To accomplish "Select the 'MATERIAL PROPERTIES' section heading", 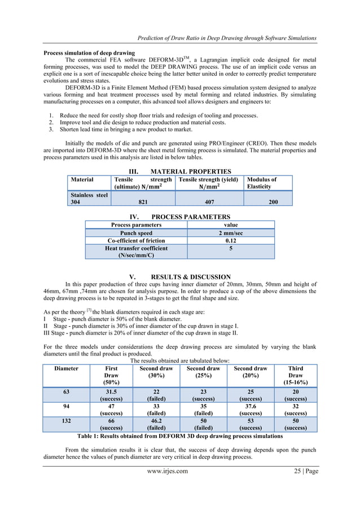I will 180,172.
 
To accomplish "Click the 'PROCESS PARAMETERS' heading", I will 180,217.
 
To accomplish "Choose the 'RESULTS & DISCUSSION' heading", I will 180,277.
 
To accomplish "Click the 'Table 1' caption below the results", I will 179,436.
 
